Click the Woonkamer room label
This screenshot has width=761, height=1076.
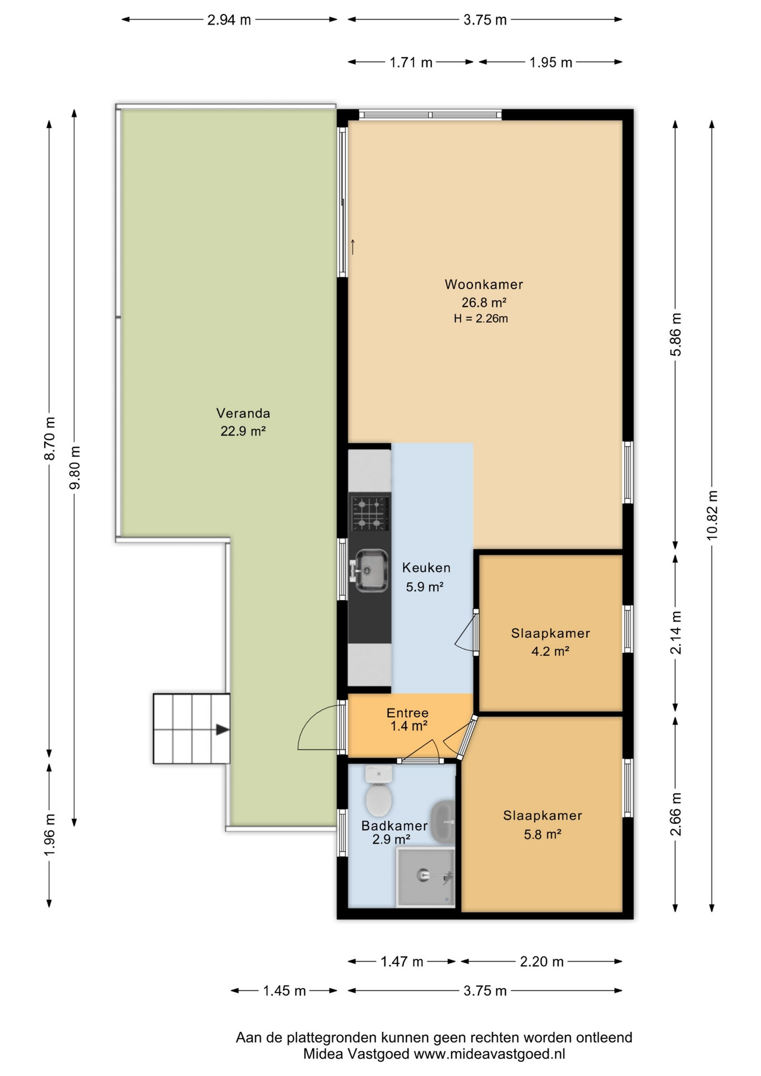coord(484,284)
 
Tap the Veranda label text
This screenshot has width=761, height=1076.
coord(243,413)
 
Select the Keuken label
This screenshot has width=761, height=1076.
coord(426,568)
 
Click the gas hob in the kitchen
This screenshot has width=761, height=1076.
coord(370,513)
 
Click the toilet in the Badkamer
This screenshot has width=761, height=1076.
coord(378,791)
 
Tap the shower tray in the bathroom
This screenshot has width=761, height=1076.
coord(425,876)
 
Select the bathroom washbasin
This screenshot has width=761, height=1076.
coord(443,822)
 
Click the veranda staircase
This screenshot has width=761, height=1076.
coord(192,729)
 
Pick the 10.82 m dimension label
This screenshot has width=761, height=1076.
coord(712,515)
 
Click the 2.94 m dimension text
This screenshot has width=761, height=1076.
coord(229,20)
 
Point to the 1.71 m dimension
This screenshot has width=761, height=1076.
coord(411,62)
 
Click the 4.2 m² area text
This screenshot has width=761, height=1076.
coord(550,651)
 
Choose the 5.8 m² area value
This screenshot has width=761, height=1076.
coord(542,834)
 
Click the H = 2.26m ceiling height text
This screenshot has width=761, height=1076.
coord(481,319)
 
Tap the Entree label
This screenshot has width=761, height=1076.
coord(407,713)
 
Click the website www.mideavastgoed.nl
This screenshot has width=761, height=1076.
coord(489,1054)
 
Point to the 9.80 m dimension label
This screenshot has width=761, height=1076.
coord(75,467)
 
